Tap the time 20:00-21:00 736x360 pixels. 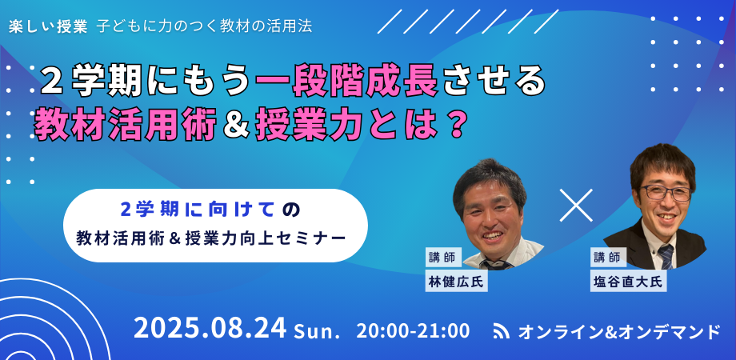(413, 330)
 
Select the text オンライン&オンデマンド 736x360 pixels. (618, 331)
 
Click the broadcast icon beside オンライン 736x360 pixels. (502, 331)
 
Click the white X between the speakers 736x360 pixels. (576, 205)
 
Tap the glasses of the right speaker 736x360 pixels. (666, 193)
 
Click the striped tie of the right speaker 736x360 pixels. (666, 256)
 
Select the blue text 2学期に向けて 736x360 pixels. (198, 210)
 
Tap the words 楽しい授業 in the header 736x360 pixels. (48, 26)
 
